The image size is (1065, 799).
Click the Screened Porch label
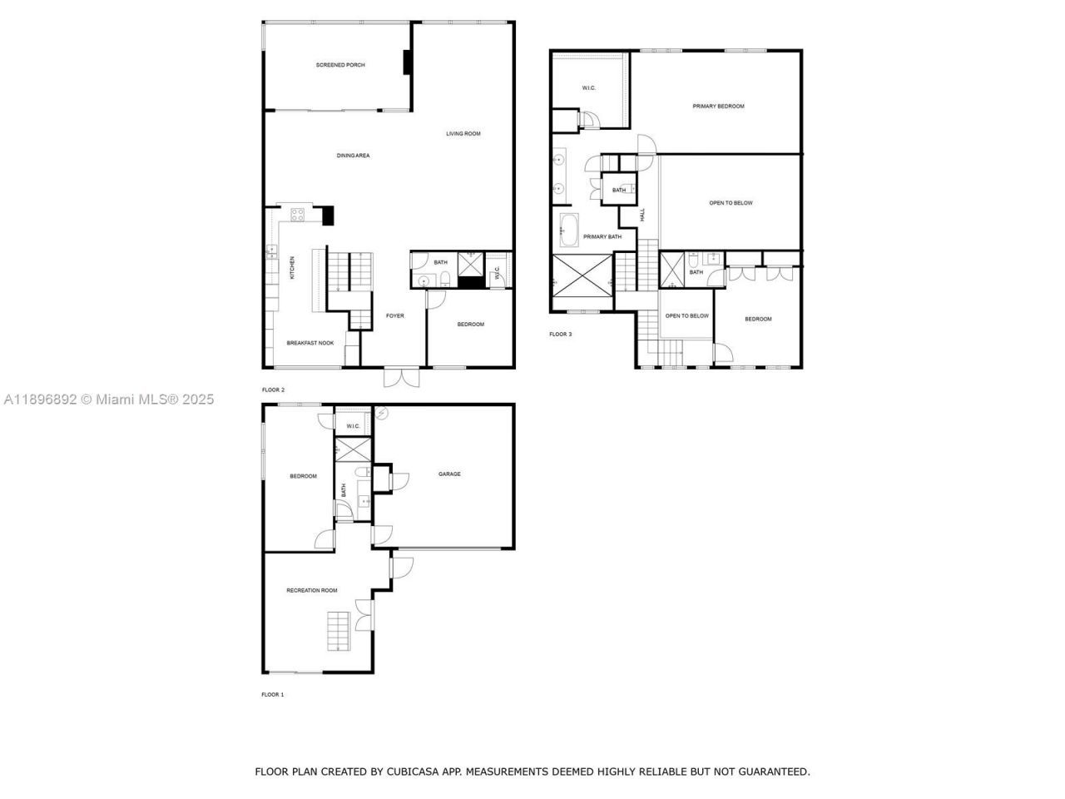[x=340, y=65]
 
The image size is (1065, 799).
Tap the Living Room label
[x=463, y=133]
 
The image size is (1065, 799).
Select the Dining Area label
[x=353, y=156]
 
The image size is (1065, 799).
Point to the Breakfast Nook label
[x=310, y=343]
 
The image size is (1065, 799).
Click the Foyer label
[x=394, y=315]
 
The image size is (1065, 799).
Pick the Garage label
[x=449, y=474]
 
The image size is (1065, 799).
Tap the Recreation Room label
[x=312, y=590]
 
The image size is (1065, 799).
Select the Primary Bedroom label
[x=718, y=107]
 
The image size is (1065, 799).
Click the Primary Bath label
[x=602, y=237]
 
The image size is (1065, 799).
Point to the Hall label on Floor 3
[x=642, y=215]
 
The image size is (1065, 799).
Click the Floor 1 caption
[x=273, y=694]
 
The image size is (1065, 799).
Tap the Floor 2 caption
[x=273, y=390]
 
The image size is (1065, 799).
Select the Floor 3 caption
[x=560, y=335]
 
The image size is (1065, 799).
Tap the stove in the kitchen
[x=297, y=216]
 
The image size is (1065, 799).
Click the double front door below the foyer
[x=400, y=377]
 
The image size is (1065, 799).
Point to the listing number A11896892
[x=41, y=399]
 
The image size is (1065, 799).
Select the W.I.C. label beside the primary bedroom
[x=588, y=88]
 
